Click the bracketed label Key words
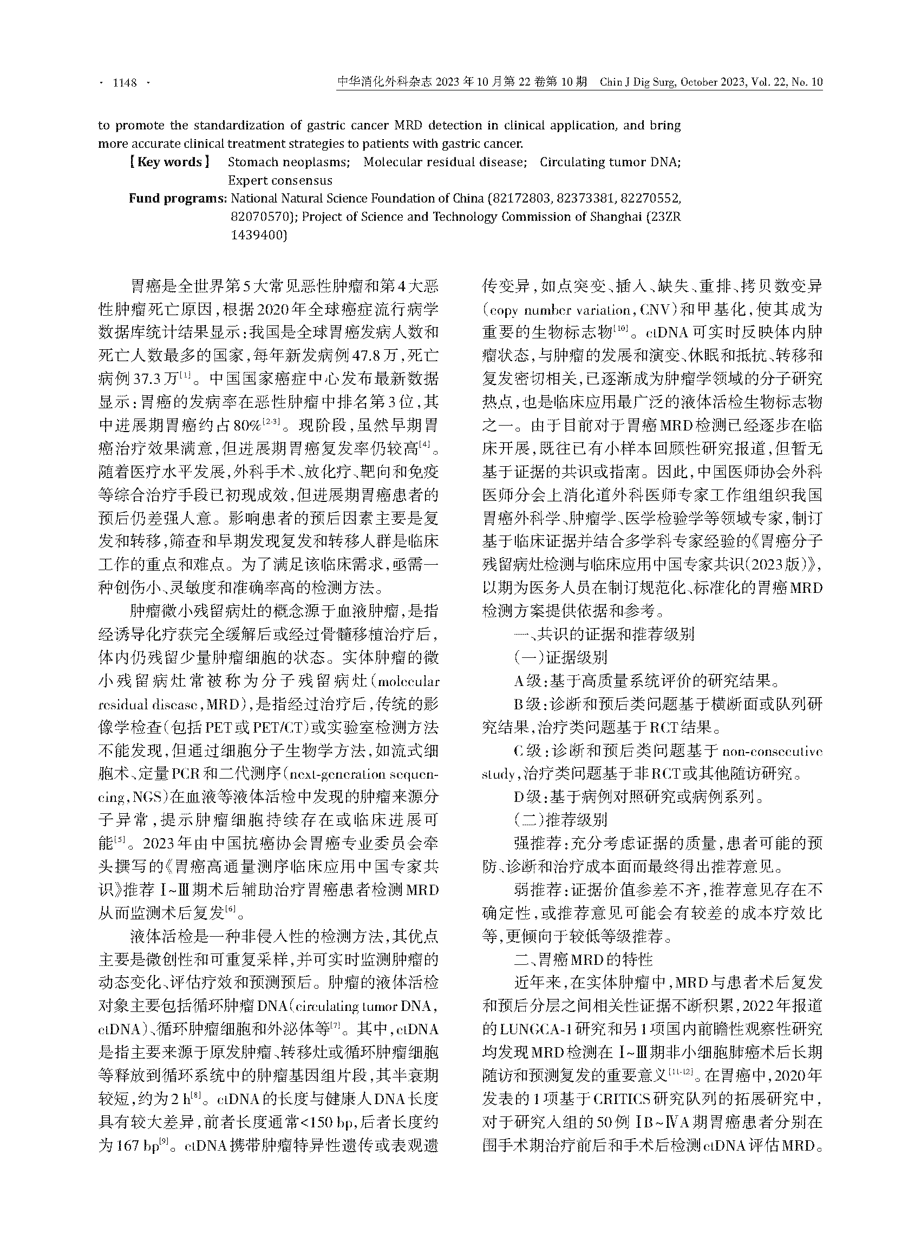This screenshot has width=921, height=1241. click(169, 162)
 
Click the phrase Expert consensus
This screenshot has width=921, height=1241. click(280, 181)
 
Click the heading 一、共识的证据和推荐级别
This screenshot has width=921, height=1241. click(604, 634)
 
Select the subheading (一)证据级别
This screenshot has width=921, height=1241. click(560, 657)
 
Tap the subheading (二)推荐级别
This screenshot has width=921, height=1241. click(560, 820)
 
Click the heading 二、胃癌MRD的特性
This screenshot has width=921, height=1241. click(583, 959)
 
